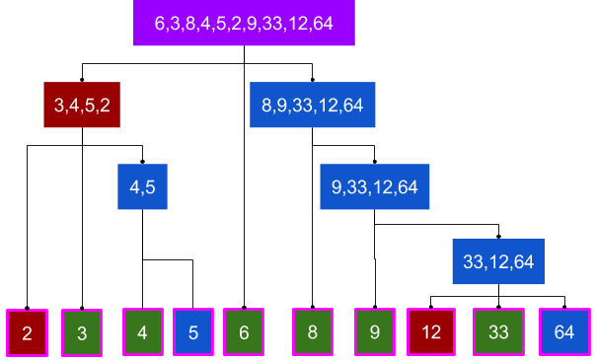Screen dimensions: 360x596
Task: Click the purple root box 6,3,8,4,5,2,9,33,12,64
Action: click(244, 23)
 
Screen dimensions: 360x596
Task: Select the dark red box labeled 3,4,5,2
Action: click(81, 105)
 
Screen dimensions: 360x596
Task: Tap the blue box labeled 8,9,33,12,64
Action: click(313, 105)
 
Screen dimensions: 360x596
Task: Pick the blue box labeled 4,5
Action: click(142, 186)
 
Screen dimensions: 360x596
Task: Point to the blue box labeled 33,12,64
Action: click(498, 261)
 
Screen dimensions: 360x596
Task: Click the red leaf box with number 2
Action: click(27, 332)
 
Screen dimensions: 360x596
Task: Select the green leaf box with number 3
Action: click(82, 333)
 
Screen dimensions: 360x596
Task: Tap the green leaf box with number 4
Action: click(142, 332)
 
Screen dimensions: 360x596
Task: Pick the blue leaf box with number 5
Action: click(192, 332)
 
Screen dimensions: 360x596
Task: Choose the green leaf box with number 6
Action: click(244, 332)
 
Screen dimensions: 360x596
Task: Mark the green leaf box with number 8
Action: click(313, 332)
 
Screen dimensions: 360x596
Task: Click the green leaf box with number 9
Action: click(375, 332)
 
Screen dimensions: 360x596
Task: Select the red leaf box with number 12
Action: click(431, 332)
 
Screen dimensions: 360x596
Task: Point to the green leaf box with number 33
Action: click(498, 332)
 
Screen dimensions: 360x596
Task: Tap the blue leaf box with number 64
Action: click(564, 332)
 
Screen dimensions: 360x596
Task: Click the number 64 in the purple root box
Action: click(322, 23)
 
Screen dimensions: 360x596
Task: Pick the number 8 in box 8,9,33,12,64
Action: click(266, 105)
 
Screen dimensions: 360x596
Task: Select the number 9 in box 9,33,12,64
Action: click(337, 186)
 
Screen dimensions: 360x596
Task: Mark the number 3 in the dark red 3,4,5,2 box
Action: click(59, 105)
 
